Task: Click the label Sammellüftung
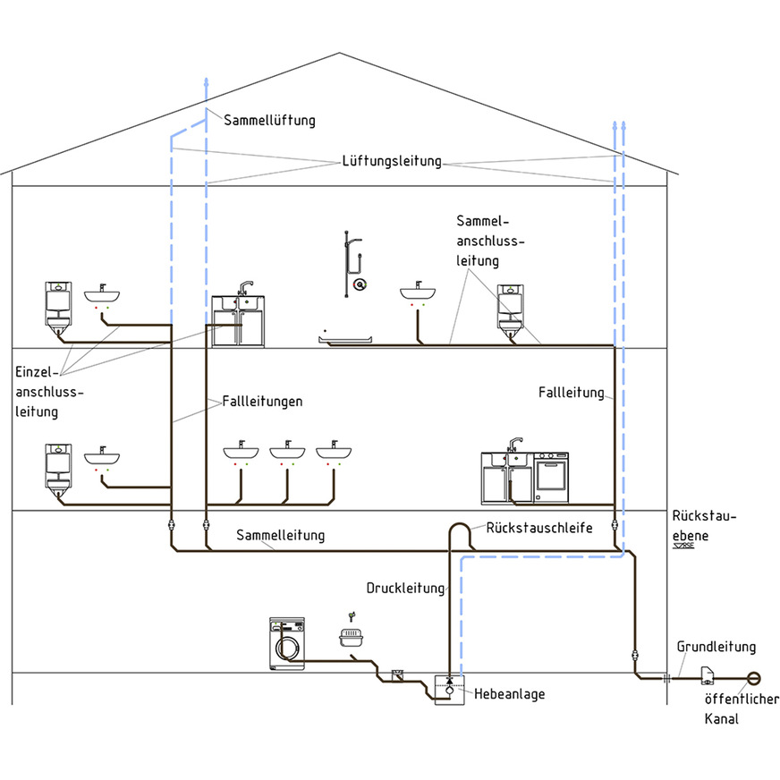[269, 120]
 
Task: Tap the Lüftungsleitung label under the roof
[392, 162]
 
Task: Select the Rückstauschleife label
[539, 528]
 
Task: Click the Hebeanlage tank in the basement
[448, 691]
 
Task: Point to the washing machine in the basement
[286, 643]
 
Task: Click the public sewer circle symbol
[753, 678]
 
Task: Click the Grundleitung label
[716, 647]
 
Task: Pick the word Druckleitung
[405, 588]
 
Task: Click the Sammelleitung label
[280, 535]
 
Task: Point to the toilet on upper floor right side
[511, 310]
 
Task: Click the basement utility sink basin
[352, 638]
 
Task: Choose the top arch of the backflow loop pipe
[460, 523]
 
